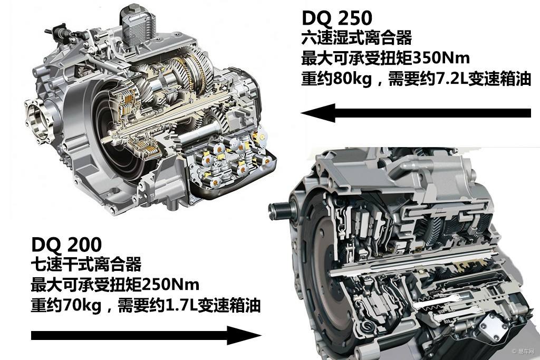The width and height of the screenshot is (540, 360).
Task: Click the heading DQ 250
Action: point(337,18)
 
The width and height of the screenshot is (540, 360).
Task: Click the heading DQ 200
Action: point(66,245)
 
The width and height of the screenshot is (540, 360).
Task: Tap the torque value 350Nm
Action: point(441,58)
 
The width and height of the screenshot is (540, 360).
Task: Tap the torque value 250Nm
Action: point(170,285)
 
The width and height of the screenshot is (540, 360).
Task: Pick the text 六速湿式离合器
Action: point(357,38)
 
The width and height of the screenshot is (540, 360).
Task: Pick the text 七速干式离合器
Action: point(86,264)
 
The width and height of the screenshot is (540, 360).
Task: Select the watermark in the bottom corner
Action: point(523,352)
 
